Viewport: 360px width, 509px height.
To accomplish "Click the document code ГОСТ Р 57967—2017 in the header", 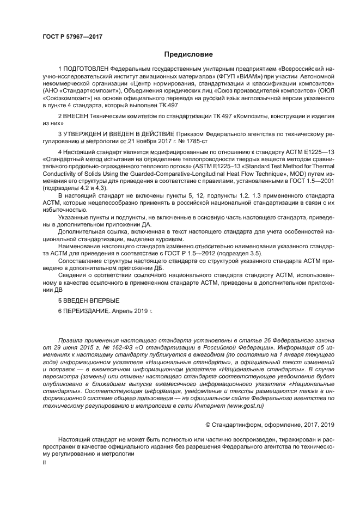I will [72, 36].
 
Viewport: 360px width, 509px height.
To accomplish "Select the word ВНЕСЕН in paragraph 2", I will [78, 116].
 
